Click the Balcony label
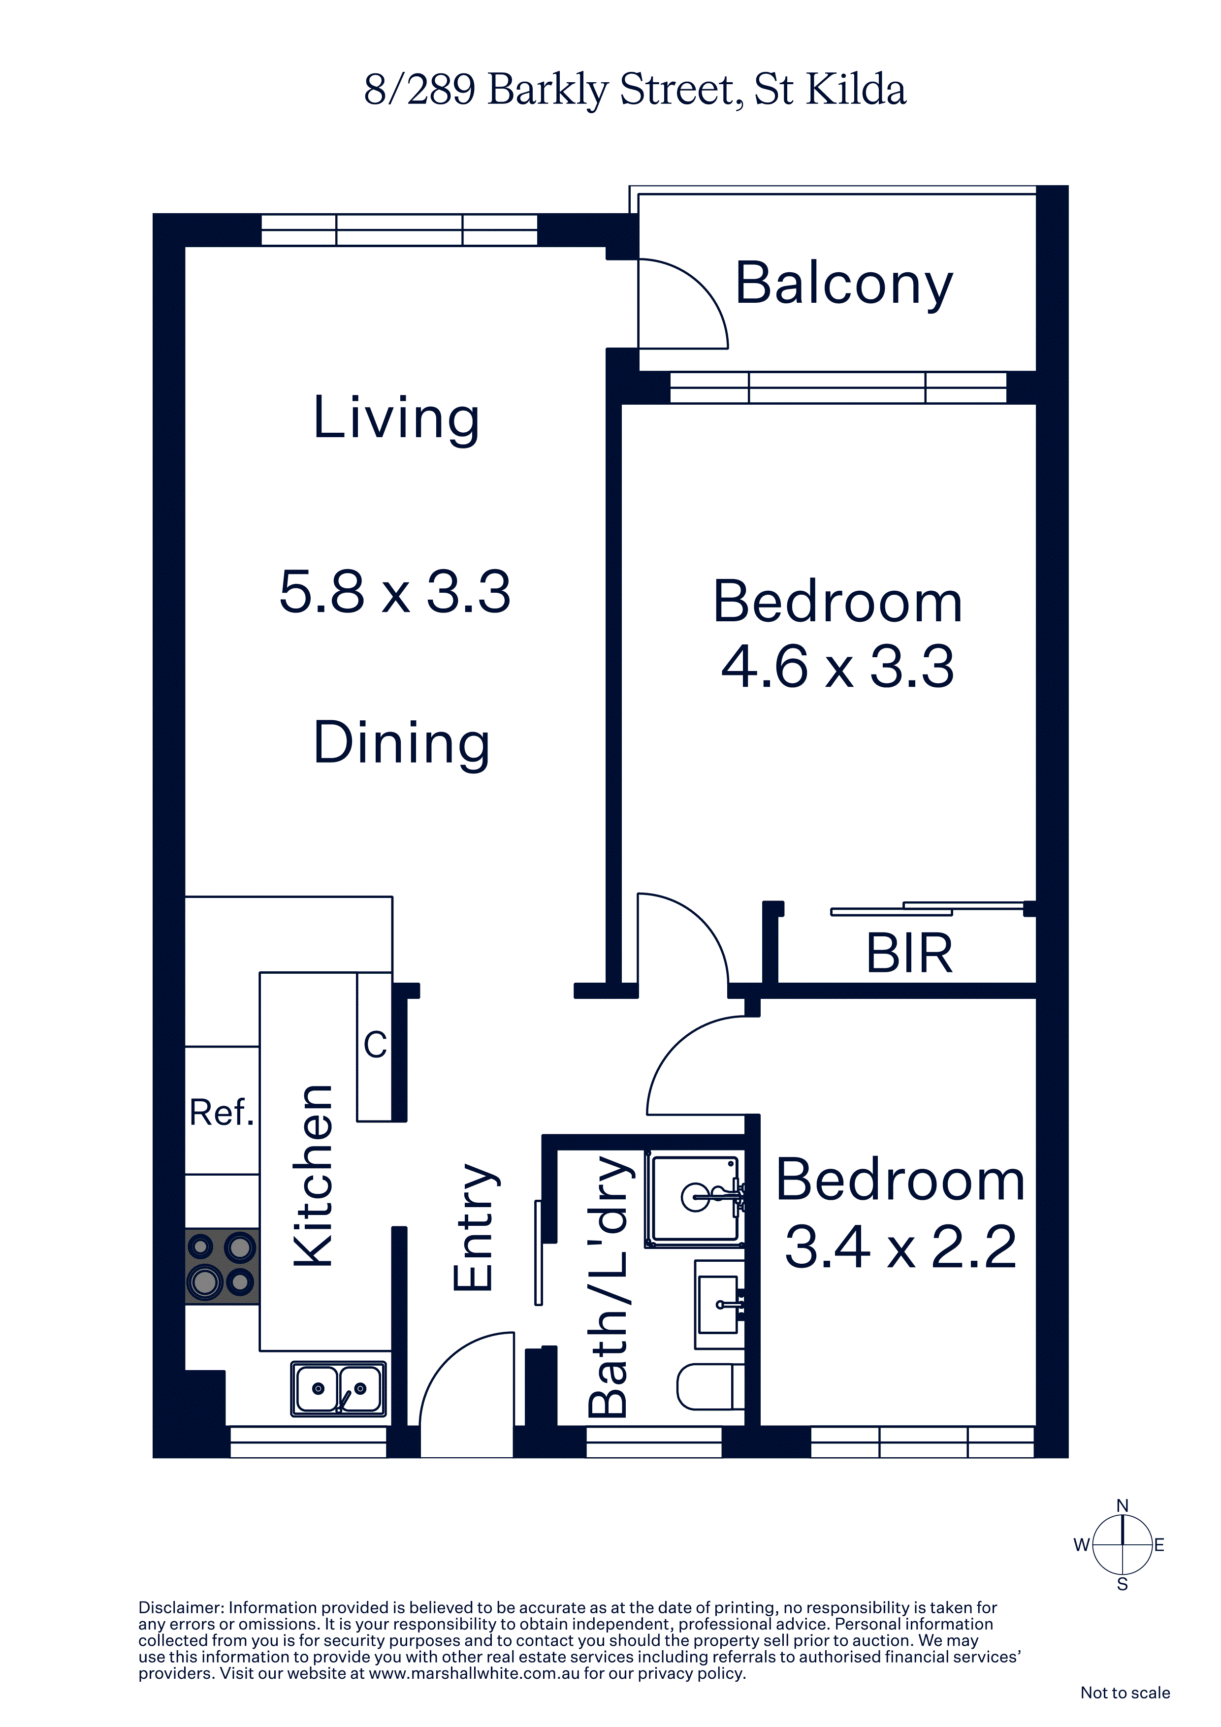[x=844, y=285]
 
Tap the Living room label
[x=396, y=418]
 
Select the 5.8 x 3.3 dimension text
[x=395, y=591]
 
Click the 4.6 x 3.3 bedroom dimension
[x=837, y=667]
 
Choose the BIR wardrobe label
[x=909, y=953]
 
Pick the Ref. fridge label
[x=221, y=1113]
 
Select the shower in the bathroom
[x=695, y=1199]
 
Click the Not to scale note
[x=1125, y=1693]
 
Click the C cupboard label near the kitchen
[x=375, y=1044]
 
